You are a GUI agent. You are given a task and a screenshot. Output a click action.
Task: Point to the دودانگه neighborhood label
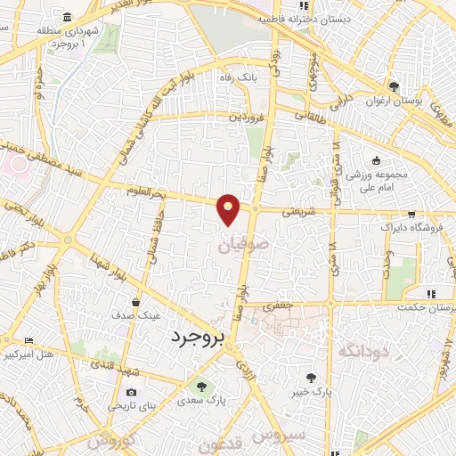coord(364,351)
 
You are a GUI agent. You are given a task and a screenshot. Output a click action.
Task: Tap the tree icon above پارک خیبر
coord(311,377)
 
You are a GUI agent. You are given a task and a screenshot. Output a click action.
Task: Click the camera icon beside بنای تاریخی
coord(132,393)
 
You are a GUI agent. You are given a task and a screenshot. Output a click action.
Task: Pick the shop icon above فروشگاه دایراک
coord(411,214)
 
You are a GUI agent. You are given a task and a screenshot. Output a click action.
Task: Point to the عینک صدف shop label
coord(136,315)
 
